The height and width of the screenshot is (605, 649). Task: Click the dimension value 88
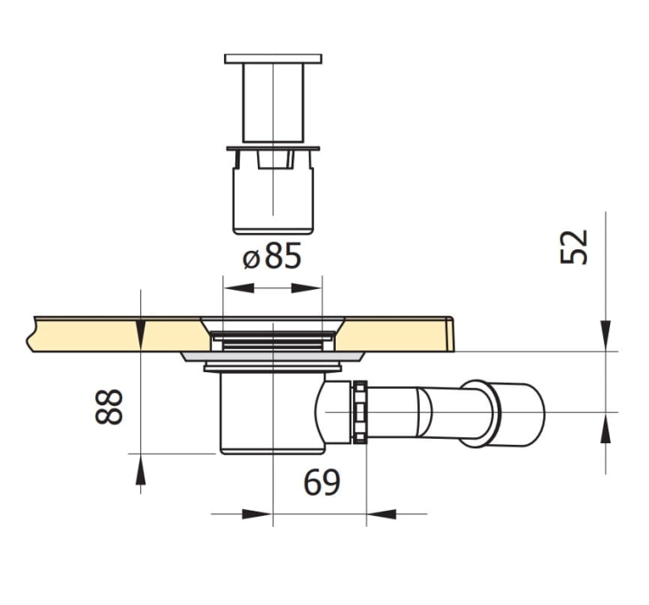coord(109,407)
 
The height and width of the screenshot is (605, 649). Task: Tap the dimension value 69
coord(322,483)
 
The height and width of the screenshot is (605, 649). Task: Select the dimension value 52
coord(574,247)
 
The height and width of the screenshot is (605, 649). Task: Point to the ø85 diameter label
coord(272,255)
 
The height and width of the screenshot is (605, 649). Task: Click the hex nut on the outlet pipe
coord(360,412)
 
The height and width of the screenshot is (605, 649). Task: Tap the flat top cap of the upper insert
coord(273,58)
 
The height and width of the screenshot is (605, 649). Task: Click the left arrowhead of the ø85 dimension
coord(239,288)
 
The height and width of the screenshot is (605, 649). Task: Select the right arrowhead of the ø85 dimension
coord(306,288)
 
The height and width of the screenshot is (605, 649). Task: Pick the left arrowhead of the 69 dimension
coord(257,514)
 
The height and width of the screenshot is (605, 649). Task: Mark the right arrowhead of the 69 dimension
coord(382,514)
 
